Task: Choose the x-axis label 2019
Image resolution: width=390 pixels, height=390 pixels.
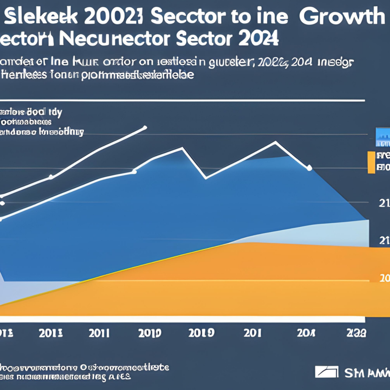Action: click(201, 334)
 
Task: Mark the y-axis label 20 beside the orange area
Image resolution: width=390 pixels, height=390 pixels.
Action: click(385, 278)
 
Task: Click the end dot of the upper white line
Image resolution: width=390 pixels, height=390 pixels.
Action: click(145, 127)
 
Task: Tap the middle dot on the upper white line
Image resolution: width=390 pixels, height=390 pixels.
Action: click(51, 177)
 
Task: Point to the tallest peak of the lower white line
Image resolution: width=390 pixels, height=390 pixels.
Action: click(275, 142)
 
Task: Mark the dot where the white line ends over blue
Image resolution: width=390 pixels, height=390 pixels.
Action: click(309, 168)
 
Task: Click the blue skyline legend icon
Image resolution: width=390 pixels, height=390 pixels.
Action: click(382, 137)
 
